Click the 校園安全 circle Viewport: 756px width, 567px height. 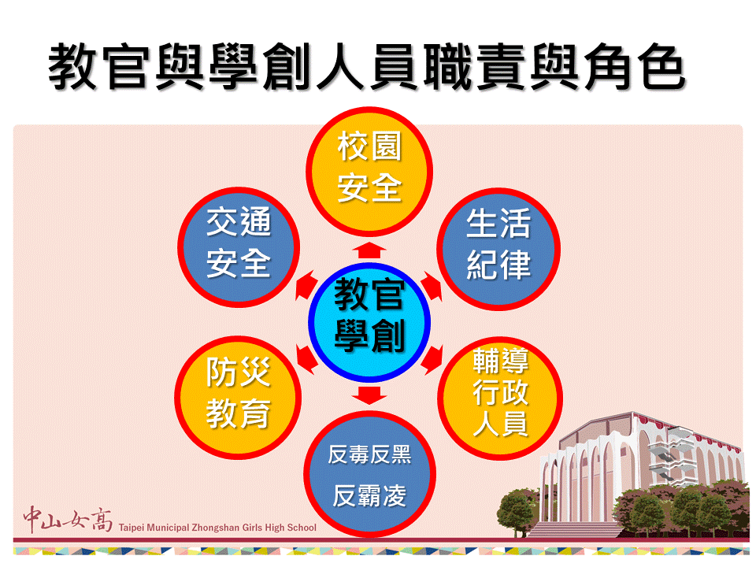tap(369, 172)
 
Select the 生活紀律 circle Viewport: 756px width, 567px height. tap(498, 249)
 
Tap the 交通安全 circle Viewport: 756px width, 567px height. tap(239, 247)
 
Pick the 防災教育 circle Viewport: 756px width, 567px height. tap(238, 397)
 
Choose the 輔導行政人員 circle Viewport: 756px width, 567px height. tap(500, 398)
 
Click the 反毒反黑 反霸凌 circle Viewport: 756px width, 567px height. tap(369, 474)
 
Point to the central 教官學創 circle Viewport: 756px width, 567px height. tap(369, 322)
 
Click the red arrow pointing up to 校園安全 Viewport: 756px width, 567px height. tap(369, 250)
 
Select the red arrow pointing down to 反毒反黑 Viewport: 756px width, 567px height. tap(369, 395)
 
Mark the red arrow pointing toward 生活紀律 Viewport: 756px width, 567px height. tap(432, 286)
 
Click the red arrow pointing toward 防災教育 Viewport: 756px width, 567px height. tap(306, 359)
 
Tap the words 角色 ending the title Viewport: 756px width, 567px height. tap(635, 66)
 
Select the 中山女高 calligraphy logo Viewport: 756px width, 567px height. tap(68, 519)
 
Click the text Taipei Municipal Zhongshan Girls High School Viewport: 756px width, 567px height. tap(217, 528)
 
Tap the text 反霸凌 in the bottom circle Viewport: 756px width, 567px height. tap(369, 495)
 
